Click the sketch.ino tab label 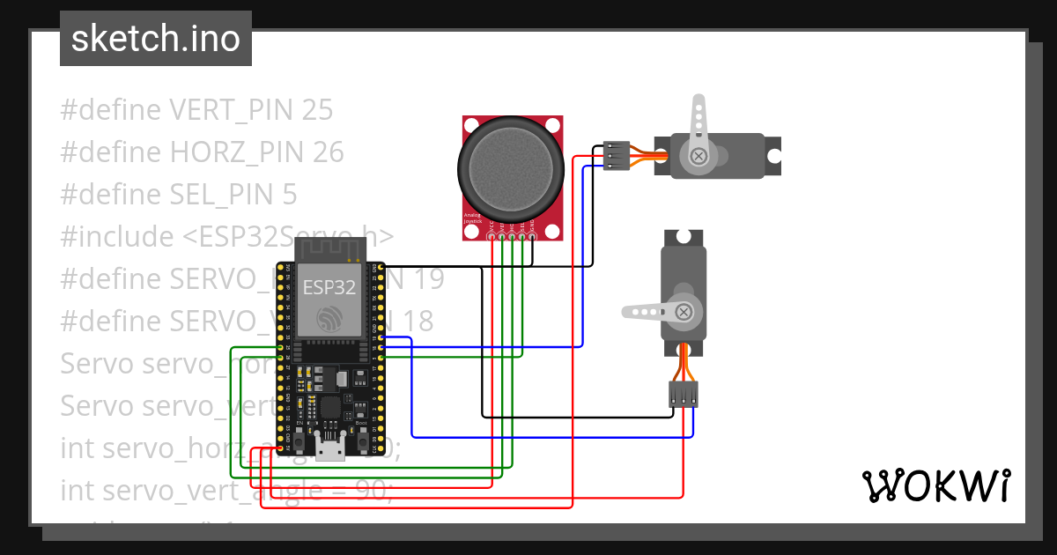click(x=155, y=39)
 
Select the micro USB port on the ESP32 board click(x=331, y=452)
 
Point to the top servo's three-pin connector click(x=617, y=155)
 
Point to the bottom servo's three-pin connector click(x=684, y=394)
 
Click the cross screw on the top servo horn click(x=699, y=156)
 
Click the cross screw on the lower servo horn click(x=683, y=311)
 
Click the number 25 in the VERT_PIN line click(x=317, y=110)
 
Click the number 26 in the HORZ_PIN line click(x=327, y=152)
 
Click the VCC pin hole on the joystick click(x=491, y=235)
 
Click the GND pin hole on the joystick click(x=533, y=235)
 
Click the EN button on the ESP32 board click(x=300, y=439)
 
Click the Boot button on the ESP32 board click(x=362, y=439)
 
